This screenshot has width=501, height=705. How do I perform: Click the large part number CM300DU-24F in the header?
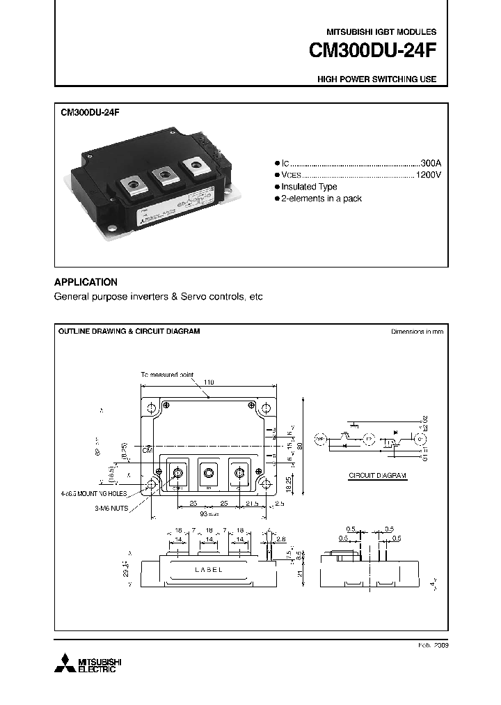pyautogui.click(x=374, y=52)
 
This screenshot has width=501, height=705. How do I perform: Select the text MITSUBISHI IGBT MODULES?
pyautogui.click(x=381, y=32)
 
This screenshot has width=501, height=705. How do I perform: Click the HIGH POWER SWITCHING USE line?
pyautogui.click(x=376, y=79)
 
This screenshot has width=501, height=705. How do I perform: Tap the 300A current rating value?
pyautogui.click(x=431, y=161)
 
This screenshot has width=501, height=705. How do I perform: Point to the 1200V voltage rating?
pyautogui.click(x=428, y=173)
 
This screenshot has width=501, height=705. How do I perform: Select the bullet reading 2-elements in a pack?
pyautogui.click(x=321, y=199)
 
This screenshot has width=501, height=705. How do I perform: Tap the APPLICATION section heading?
pyautogui.click(x=86, y=282)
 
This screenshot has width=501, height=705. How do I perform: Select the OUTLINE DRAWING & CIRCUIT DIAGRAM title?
pyautogui.click(x=129, y=332)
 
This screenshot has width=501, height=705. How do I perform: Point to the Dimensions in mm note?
pyautogui.click(x=417, y=332)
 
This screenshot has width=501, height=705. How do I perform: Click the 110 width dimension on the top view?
pyautogui.click(x=209, y=382)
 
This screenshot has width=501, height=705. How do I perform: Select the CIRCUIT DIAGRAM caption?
pyautogui.click(x=377, y=476)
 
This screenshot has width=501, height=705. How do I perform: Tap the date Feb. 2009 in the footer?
pyautogui.click(x=432, y=646)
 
